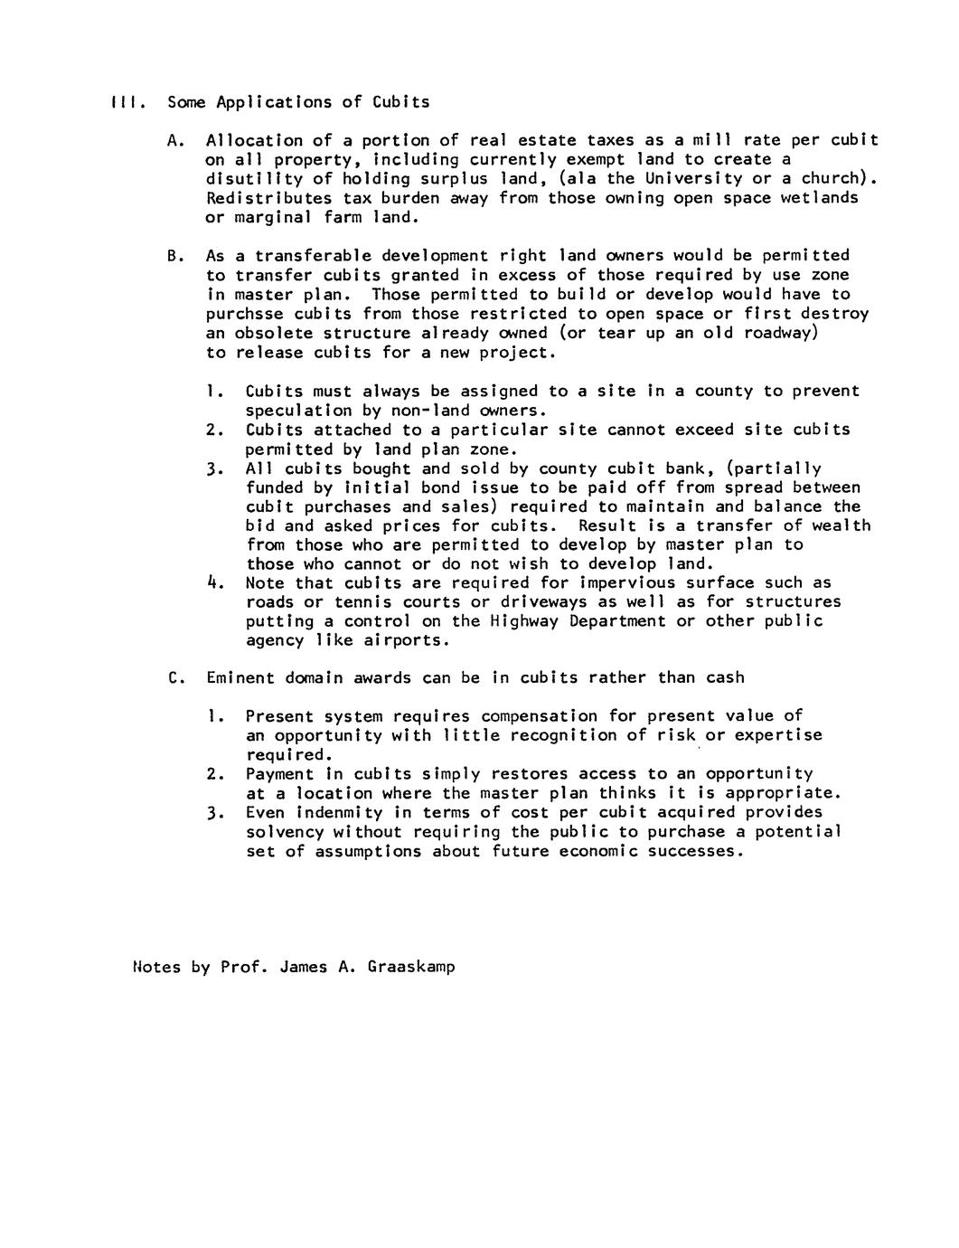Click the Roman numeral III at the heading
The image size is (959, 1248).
122,102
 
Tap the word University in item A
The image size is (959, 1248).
694,178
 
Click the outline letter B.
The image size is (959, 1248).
174,256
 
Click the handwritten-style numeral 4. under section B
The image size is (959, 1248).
213,583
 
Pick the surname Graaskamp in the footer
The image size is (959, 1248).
411,967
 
